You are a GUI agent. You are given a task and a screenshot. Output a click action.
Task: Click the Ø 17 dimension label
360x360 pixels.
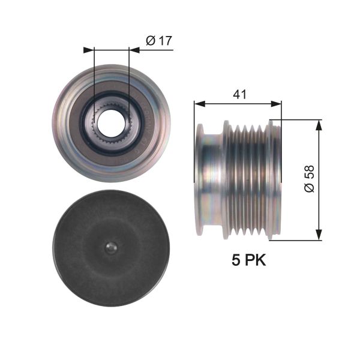[x=159, y=41]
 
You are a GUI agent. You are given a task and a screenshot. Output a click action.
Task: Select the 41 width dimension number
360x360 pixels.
[x=239, y=94]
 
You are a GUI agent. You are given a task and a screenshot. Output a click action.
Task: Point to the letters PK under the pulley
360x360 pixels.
[x=256, y=260]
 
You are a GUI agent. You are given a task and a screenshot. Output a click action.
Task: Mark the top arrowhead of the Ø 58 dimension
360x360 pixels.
[x=319, y=124]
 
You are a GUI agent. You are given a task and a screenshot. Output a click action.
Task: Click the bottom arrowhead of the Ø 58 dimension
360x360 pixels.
[x=319, y=235]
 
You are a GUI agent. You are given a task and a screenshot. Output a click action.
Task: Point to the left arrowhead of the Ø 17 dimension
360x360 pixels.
[x=89, y=50]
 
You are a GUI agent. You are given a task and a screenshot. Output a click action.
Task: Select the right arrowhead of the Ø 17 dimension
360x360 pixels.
[x=134, y=50]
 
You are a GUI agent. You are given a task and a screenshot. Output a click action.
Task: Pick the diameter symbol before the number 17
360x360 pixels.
[x=151, y=41]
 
